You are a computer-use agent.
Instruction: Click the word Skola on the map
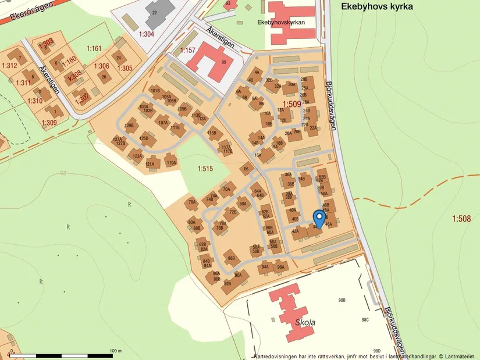click(305, 322)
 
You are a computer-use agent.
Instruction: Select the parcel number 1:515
click(205, 169)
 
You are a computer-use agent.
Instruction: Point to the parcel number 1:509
click(292, 105)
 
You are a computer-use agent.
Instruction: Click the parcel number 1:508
click(463, 219)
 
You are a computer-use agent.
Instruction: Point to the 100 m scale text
click(115, 351)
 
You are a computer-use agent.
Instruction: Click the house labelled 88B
click(232, 258)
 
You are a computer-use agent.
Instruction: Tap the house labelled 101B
click(155, 91)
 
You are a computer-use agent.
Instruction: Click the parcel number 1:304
click(147, 34)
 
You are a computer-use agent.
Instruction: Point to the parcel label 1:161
click(94, 48)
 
